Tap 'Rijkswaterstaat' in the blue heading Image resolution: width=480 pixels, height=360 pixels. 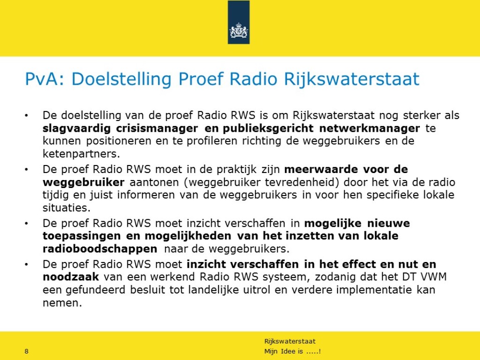point(352,79)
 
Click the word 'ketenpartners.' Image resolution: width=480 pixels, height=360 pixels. point(81,154)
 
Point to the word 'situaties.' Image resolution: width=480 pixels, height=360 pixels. point(67,208)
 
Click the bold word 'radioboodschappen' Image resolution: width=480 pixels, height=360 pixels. point(100,248)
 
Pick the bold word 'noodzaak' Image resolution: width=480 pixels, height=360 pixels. point(71,277)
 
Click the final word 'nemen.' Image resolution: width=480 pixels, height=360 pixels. point(62,303)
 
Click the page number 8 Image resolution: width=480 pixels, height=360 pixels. point(26,351)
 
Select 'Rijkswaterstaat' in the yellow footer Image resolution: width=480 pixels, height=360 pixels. point(290,341)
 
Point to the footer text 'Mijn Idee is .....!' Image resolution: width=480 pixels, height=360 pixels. point(292,351)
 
